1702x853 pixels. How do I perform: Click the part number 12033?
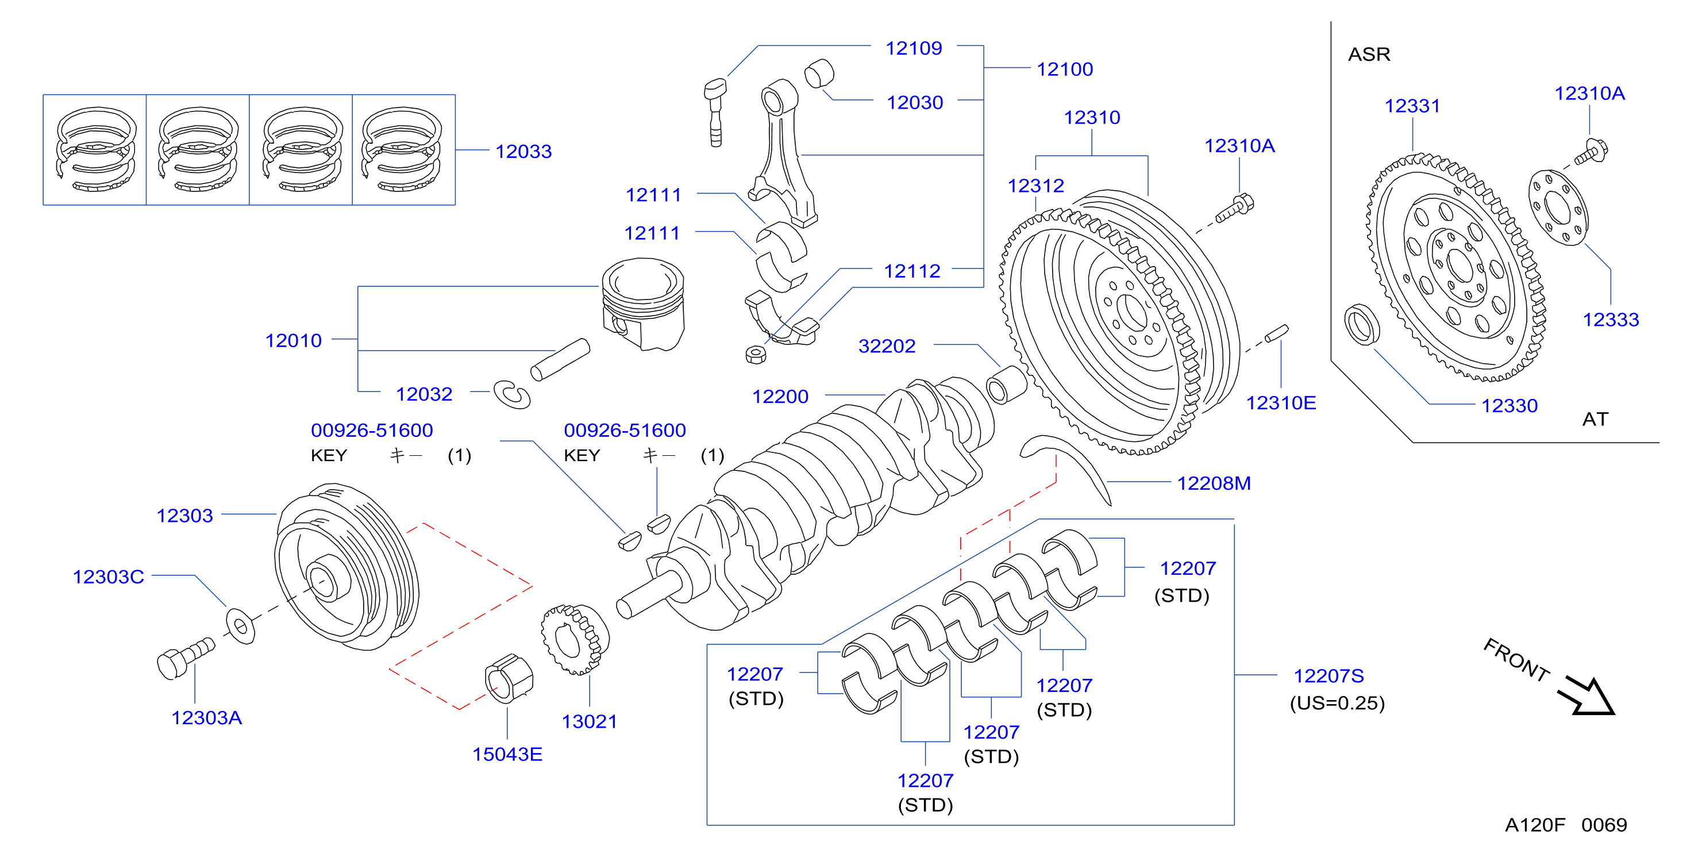pos(523,151)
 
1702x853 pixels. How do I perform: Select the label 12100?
pos(1064,69)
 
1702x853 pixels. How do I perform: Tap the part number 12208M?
pos(1214,483)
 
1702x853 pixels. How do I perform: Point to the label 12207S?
pos(1328,675)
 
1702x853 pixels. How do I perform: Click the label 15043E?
pos(507,754)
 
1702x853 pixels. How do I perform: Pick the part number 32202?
pos(887,345)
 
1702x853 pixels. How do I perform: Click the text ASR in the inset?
pos(1369,54)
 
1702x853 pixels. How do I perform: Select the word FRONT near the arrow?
pos(1516,659)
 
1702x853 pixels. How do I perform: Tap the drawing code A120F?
pos(1535,825)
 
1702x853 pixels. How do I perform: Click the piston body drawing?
pos(643,304)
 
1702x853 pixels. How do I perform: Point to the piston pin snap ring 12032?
pos(512,394)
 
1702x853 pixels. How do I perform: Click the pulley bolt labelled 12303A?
pos(186,658)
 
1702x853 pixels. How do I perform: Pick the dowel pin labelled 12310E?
pos(1277,333)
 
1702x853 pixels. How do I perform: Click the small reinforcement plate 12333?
pos(1558,208)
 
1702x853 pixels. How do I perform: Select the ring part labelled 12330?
pos(1362,324)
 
